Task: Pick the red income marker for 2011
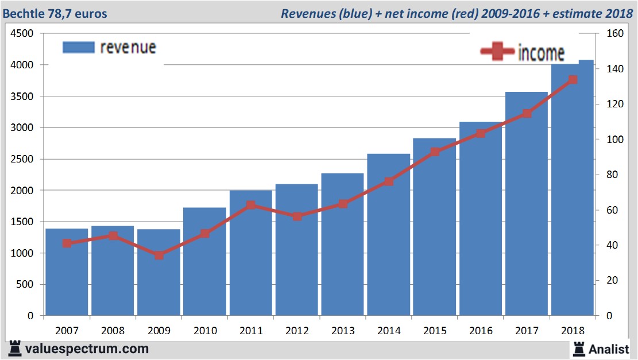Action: (251, 205)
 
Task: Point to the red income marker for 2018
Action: (573, 80)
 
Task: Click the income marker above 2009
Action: (159, 255)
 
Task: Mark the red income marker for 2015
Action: (435, 152)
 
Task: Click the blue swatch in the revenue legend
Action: (78, 47)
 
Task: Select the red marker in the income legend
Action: (497, 52)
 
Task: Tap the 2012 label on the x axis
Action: (297, 331)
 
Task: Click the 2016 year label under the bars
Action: (481, 331)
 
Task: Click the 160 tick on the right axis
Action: (615, 34)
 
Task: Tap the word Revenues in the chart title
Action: (306, 13)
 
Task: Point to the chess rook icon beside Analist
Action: (578, 348)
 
